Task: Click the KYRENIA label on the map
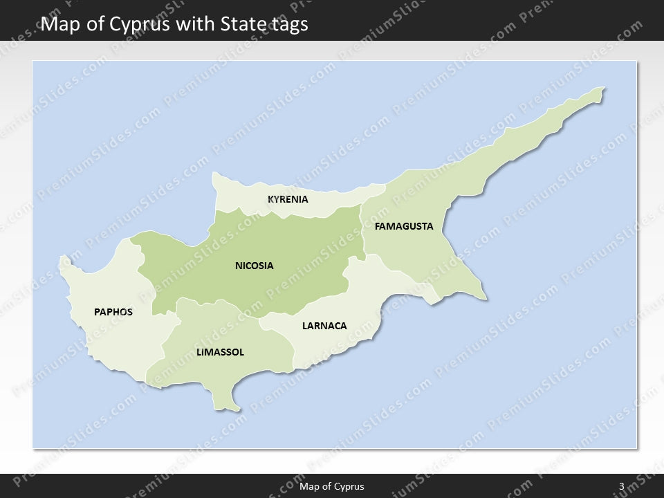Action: (288, 200)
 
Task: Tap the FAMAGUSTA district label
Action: (404, 226)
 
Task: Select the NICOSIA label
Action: (255, 266)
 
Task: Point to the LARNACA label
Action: (324, 326)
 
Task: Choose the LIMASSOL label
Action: (220, 352)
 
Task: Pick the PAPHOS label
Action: (113, 312)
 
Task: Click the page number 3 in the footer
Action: (622, 486)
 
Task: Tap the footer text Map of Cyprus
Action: (332, 486)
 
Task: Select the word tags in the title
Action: (286, 24)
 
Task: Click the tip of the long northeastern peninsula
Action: (603, 89)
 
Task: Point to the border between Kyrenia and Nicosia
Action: (290, 212)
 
